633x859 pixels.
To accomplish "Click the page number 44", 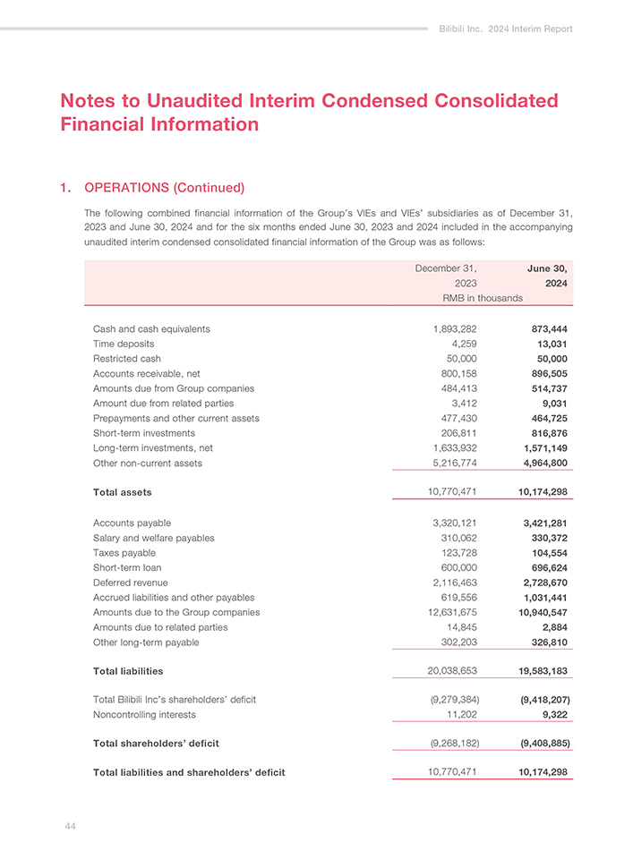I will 70,826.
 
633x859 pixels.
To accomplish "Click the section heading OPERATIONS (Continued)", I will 164,188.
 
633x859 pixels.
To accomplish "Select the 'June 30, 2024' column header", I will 549,276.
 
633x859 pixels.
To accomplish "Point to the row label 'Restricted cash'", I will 127,359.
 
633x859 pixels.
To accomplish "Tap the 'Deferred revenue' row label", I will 132,583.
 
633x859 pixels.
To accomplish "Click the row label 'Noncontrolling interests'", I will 144,715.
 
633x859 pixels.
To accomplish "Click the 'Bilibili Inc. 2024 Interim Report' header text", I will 506,30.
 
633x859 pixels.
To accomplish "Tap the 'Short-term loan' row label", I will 127,567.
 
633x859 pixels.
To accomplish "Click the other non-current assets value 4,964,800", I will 543,464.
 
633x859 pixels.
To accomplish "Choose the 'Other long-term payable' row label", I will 146,642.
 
